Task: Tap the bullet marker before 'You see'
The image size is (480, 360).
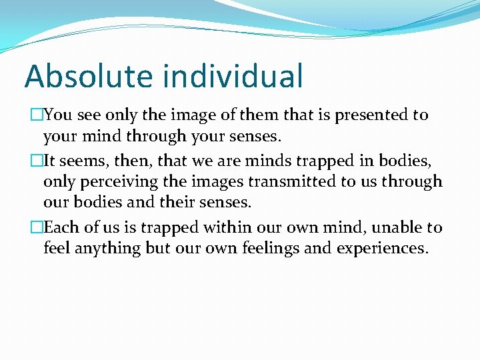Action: pyautogui.click(x=37, y=115)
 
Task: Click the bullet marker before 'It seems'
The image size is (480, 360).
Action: pyautogui.click(x=37, y=161)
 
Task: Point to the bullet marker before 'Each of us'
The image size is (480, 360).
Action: pyautogui.click(x=37, y=228)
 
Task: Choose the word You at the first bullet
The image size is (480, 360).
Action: pyautogui.click(x=58, y=115)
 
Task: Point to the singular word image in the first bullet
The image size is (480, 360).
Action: pyautogui.click(x=190, y=115)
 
